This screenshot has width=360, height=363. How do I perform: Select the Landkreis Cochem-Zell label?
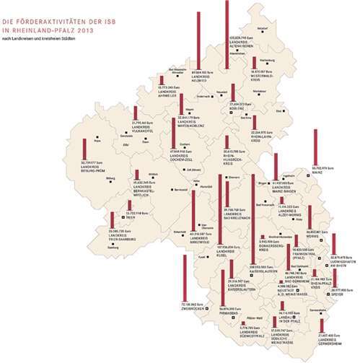click(x=181, y=157)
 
